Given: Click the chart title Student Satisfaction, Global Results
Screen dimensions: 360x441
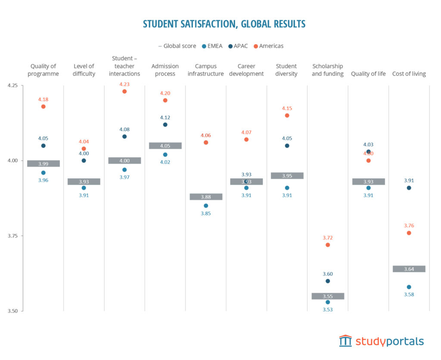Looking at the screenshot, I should click(x=224, y=24).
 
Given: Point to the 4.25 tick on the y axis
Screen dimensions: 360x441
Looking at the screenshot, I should click(x=12, y=85).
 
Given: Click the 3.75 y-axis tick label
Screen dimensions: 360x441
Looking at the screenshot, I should click(x=12, y=236).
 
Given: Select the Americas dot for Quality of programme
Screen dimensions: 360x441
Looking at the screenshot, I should click(x=43, y=106).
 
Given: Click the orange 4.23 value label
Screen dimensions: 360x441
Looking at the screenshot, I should click(x=124, y=84).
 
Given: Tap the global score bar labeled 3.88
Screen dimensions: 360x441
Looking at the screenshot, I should click(x=206, y=197).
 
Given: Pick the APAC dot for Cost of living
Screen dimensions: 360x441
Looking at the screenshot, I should click(x=409, y=188).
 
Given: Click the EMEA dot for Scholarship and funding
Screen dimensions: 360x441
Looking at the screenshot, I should click(x=328, y=302).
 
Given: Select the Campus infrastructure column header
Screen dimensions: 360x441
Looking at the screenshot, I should click(x=206, y=70).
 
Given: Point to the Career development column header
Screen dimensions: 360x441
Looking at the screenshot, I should click(x=246, y=70).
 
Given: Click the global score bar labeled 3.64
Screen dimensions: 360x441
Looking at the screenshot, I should click(x=409, y=269).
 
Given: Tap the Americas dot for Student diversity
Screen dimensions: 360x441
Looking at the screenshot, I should click(x=287, y=115).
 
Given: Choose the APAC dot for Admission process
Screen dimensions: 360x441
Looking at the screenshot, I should click(x=165, y=125).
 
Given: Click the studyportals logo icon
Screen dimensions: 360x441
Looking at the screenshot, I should click(x=345, y=341).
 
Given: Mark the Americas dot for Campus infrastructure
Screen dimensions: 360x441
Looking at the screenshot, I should click(x=206, y=142).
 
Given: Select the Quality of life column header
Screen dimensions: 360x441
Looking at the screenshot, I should click(x=368, y=74).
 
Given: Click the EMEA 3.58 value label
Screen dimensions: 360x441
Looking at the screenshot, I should click(x=409, y=294).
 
